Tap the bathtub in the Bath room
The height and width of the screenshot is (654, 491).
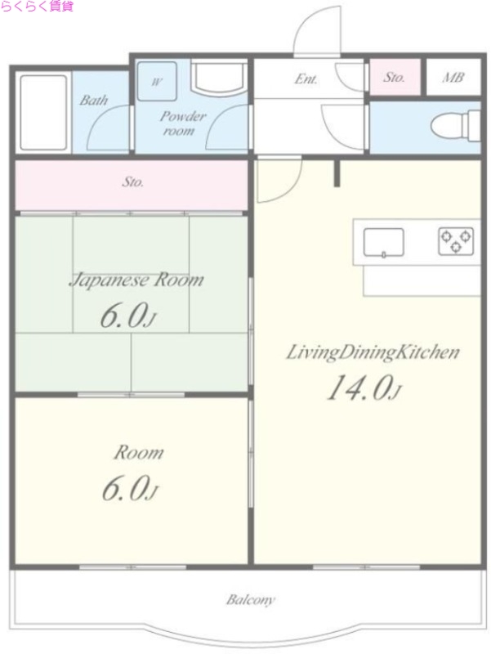tap(44, 112)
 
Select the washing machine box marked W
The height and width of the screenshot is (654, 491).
tap(157, 81)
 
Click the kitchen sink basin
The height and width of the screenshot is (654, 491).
tap(383, 242)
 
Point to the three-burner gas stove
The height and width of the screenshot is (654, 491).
tap(456, 241)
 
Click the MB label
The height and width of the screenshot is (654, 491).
tap(453, 78)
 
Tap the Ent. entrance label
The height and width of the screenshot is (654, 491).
tap(306, 78)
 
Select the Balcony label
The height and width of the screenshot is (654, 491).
tap(251, 600)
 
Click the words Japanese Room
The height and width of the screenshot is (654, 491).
tap(137, 280)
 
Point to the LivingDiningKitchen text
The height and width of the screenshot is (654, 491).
tap(373, 353)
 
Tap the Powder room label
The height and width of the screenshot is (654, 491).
tap(181, 123)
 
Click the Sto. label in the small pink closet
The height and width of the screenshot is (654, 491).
tap(394, 78)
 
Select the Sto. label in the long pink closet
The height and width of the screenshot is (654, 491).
tap(133, 182)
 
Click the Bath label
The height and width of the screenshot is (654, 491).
tap(94, 100)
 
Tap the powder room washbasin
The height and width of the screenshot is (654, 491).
tap(219, 77)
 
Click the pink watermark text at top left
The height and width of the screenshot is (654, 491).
tap(37, 7)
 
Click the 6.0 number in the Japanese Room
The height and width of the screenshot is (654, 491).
tap(124, 316)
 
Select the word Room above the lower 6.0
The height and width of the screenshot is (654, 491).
tap(139, 453)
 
